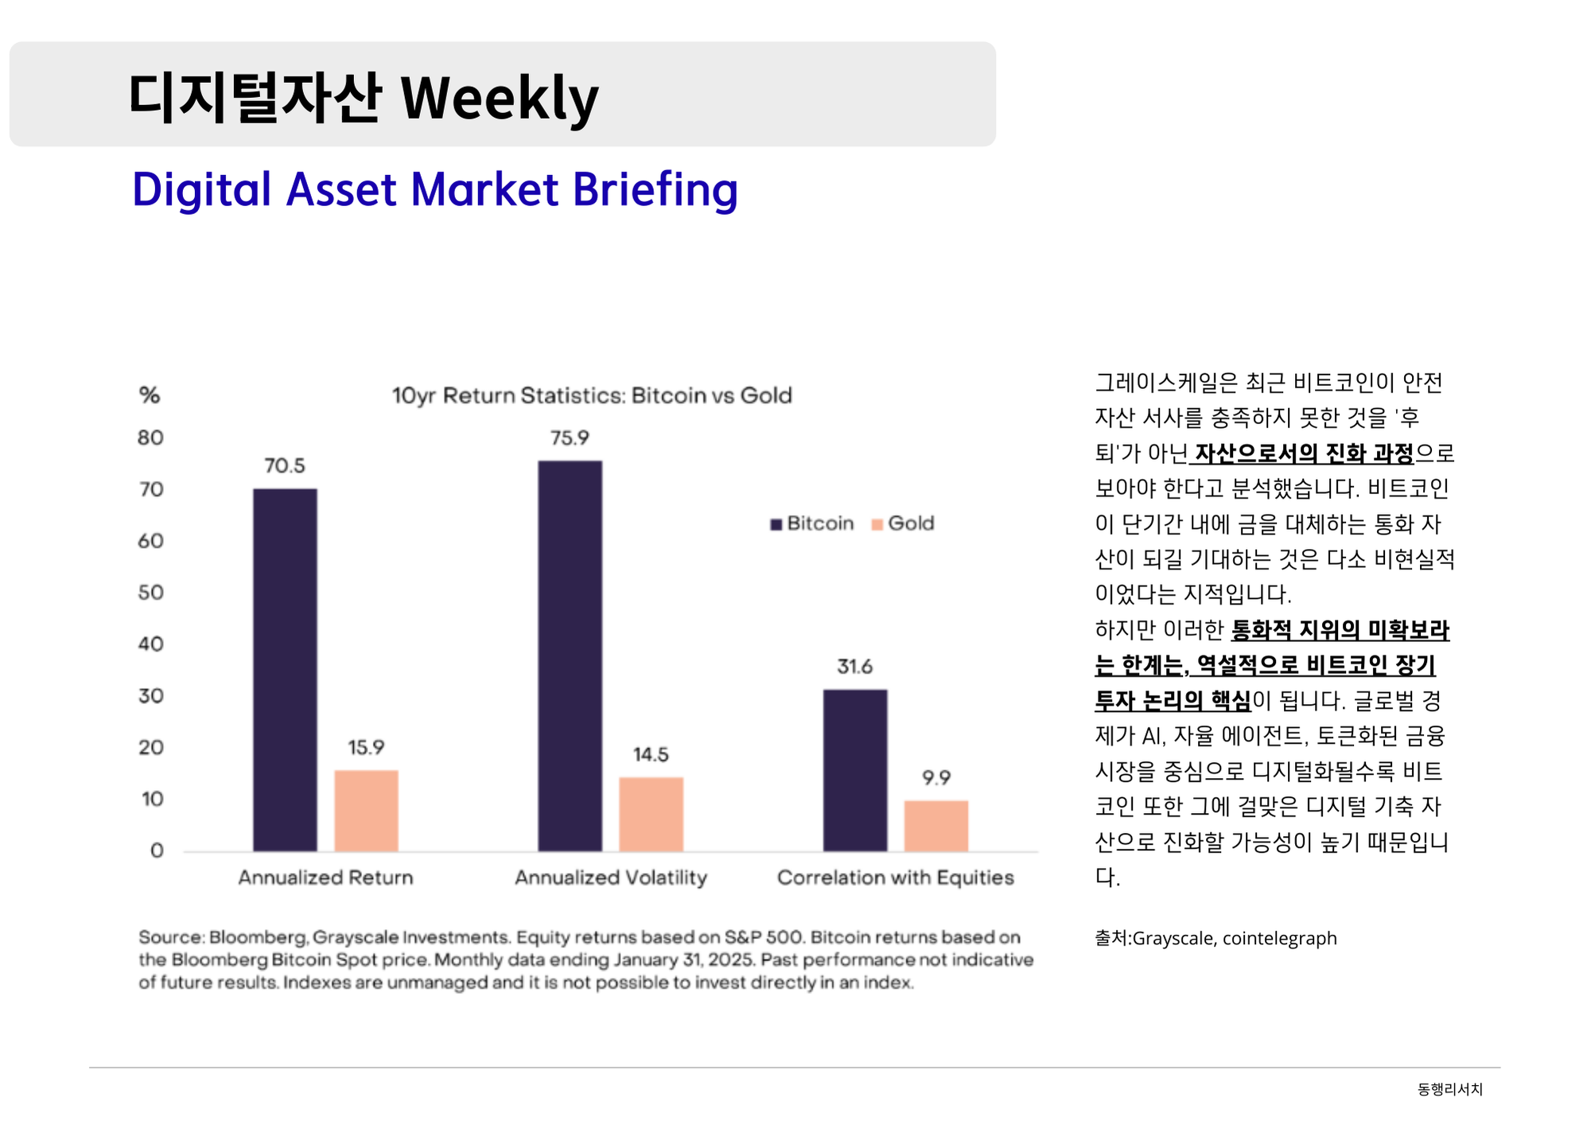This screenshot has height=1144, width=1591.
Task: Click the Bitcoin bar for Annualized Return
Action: tap(285, 670)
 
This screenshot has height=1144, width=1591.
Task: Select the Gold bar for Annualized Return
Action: tap(366, 811)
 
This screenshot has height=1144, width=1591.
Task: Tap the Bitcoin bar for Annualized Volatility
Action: tap(570, 656)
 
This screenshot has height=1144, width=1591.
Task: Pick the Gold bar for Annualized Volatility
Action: tap(651, 814)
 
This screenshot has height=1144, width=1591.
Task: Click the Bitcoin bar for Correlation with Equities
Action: tap(854, 770)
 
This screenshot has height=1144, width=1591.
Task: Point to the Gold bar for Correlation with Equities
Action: tap(936, 826)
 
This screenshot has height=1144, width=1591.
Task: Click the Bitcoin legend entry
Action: tap(812, 523)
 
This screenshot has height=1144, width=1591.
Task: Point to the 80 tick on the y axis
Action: tap(150, 438)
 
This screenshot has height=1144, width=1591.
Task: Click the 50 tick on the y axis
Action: tap(150, 593)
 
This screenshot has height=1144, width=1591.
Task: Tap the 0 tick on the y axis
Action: tap(157, 850)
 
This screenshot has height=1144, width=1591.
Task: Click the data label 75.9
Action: tap(570, 438)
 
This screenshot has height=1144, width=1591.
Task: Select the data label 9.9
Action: tap(936, 777)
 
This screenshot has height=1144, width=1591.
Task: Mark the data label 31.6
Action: tap(854, 667)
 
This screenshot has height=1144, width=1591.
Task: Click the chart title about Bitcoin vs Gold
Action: tap(592, 395)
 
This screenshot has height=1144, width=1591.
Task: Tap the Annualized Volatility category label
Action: tap(610, 877)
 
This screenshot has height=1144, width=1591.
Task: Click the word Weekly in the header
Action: tap(499, 99)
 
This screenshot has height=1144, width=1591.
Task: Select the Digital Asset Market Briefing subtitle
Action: tap(435, 189)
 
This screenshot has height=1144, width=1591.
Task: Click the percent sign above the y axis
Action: tap(150, 395)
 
